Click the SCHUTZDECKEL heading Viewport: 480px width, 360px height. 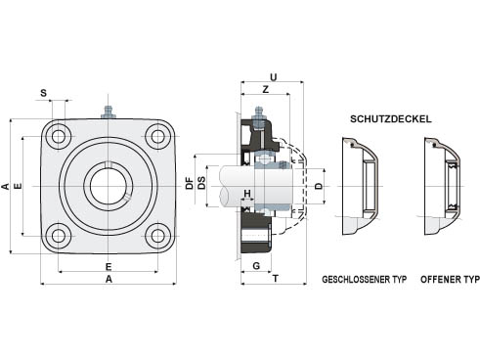point(391,119)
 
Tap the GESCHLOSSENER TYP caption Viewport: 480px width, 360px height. point(365,280)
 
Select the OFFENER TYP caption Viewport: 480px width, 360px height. point(450,280)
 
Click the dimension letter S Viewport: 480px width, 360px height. point(43,93)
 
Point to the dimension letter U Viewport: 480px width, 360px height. point(274,77)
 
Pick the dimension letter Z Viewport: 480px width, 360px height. point(266,89)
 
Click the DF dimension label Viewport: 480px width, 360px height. point(190,183)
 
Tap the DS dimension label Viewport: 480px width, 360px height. point(202,183)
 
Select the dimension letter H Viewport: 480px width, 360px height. point(247,194)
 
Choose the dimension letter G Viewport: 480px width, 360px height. point(256,266)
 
